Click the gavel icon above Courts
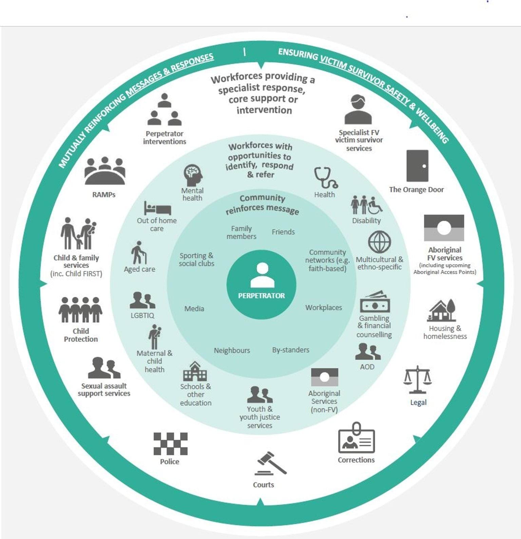tap(271, 464)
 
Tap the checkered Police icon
tap(170, 444)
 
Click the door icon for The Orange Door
tap(417, 166)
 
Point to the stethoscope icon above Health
tap(325, 177)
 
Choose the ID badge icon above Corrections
tap(356, 439)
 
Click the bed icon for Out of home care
tap(157, 208)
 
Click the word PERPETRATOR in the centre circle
tap(261, 296)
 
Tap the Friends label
tap(283, 232)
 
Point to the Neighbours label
tap(232, 350)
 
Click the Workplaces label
tap(324, 308)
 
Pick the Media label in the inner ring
tap(194, 309)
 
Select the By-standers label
tap(291, 350)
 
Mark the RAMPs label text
tap(104, 195)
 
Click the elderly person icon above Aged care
tap(139, 253)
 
